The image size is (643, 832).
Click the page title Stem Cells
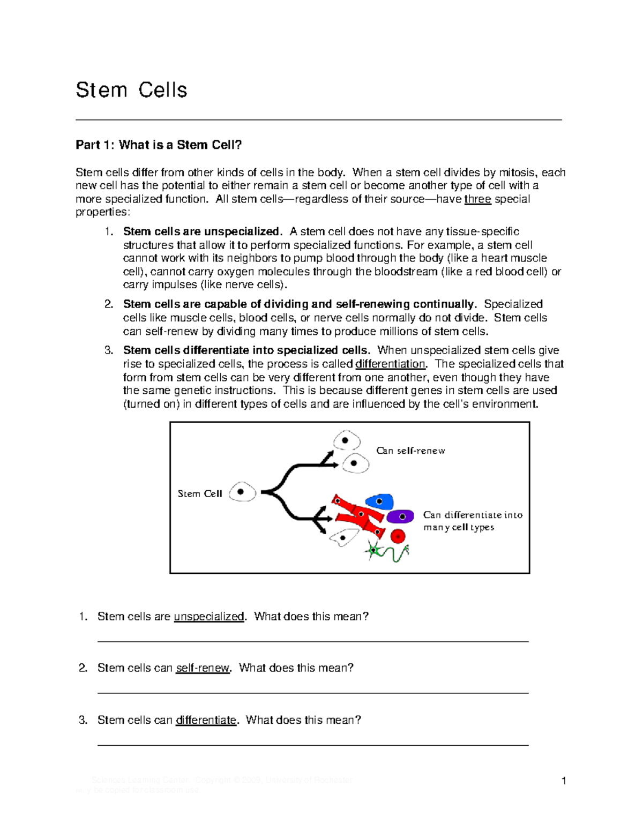(131, 90)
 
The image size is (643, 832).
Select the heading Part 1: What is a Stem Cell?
(159, 145)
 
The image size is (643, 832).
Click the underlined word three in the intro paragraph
(477, 199)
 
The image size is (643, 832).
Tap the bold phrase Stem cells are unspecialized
(201, 231)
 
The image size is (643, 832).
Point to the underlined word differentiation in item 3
(390, 364)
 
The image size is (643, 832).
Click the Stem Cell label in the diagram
(199, 494)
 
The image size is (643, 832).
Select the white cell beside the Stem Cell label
(242, 492)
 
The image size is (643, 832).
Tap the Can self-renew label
(410, 451)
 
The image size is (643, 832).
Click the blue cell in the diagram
(379, 501)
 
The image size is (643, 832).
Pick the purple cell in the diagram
(400, 516)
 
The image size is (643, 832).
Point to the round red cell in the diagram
(398, 536)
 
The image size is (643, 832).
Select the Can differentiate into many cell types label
(472, 521)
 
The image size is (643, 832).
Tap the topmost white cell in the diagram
(346, 440)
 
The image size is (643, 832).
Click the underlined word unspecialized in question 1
(209, 617)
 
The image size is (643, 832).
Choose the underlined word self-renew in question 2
(203, 668)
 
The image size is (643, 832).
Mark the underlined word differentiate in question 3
(206, 720)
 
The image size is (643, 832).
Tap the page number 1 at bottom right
(564, 781)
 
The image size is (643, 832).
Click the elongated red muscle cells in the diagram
(357, 515)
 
